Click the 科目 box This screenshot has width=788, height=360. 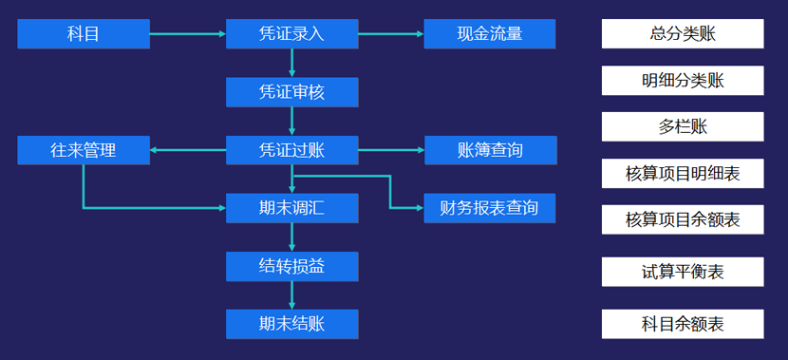[x=84, y=34]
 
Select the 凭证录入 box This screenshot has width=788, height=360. [x=291, y=34]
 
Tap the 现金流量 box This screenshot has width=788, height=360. [x=490, y=34]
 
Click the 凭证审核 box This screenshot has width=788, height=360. [x=291, y=92]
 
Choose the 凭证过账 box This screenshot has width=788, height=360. [x=291, y=150]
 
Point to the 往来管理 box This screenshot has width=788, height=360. [x=84, y=150]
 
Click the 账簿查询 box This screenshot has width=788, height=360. [x=490, y=150]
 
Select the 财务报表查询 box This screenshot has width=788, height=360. [x=490, y=207]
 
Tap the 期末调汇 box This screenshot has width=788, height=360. [x=291, y=207]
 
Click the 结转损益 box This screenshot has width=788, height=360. [x=291, y=266]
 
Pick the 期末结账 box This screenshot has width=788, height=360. [x=291, y=324]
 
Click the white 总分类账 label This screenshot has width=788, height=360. [x=683, y=34]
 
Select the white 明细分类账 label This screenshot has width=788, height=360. [x=683, y=81]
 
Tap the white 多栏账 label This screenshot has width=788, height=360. [x=683, y=126]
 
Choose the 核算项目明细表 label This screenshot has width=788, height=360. [x=683, y=173]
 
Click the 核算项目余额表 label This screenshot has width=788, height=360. [x=683, y=220]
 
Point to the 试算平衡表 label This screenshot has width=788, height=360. [x=683, y=272]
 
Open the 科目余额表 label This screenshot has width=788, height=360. [x=683, y=324]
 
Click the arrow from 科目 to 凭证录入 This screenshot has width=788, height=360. [x=188, y=34]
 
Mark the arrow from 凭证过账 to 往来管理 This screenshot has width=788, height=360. [x=188, y=150]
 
